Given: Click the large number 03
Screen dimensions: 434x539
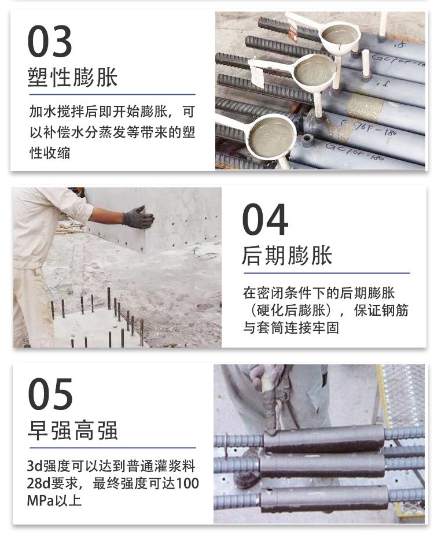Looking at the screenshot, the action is [50, 41].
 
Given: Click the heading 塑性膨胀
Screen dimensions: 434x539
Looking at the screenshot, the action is [72, 77].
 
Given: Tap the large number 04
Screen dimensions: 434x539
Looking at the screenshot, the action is [265, 219].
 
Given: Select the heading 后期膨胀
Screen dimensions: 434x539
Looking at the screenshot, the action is [287, 256].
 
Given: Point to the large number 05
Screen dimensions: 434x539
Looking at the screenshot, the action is [50, 394].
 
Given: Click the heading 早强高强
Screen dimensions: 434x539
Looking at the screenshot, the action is [72, 430].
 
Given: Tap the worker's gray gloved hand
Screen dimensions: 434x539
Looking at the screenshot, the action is [138, 217].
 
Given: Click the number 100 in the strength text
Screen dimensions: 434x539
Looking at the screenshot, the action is [187, 483].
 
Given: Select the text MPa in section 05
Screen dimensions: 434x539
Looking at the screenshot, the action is [41, 500].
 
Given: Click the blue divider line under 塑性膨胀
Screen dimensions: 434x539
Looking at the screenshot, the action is [112, 94].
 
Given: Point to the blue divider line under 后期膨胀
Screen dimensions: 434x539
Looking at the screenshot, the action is [327, 274].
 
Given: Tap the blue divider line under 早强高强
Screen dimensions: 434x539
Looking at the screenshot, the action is [113, 448].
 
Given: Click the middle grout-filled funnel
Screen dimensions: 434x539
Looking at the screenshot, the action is [315, 71].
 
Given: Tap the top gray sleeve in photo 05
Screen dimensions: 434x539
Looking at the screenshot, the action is [323, 438].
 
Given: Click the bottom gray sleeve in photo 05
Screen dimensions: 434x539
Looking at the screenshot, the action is [322, 499].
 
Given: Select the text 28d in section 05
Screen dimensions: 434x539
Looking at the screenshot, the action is [39, 483].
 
